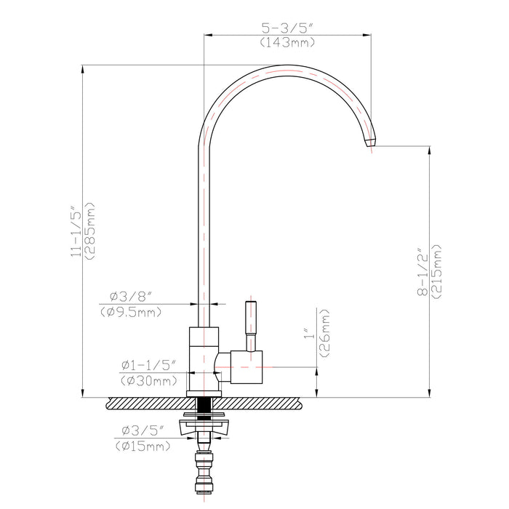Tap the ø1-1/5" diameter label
pyautogui.click(x=149, y=365)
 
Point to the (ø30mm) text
pyautogui.click(x=149, y=380)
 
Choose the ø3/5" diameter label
pyautogui.click(x=142, y=431)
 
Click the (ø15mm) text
pyautogui.click(x=142, y=446)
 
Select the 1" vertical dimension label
pyautogui.click(x=309, y=337)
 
